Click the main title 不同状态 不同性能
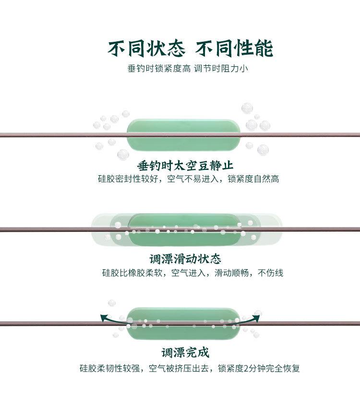pos(190,48)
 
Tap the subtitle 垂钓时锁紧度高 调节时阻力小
pos(188,69)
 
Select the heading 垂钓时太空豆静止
pos(185,166)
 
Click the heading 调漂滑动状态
pos(185,259)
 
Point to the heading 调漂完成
pos(185,353)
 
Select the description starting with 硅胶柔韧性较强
pos(190,369)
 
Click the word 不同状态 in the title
pos(145,48)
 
